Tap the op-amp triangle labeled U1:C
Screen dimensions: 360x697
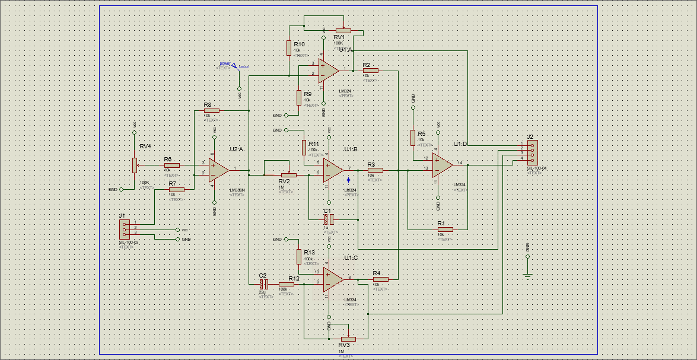pyautogui.click(x=332, y=278)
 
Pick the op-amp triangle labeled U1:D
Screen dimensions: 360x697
pyautogui.click(x=442, y=165)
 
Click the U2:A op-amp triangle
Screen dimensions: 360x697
pyautogui.click(x=218, y=170)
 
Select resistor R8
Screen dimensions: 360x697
pyautogui.click(x=211, y=110)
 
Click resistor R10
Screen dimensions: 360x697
pyautogui.click(x=289, y=48)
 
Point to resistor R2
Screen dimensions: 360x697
pyautogui.click(x=370, y=71)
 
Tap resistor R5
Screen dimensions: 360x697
pyautogui.click(x=412, y=138)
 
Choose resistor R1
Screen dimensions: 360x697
pyautogui.click(x=445, y=229)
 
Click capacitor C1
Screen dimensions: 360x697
pyautogui.click(x=329, y=219)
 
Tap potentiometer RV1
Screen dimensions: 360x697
pyautogui.click(x=343, y=30)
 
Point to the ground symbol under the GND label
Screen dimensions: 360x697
pyautogui.click(x=527, y=273)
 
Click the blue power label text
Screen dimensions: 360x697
pyautogui.click(x=225, y=63)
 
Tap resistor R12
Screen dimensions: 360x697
pyautogui.click(x=287, y=284)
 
